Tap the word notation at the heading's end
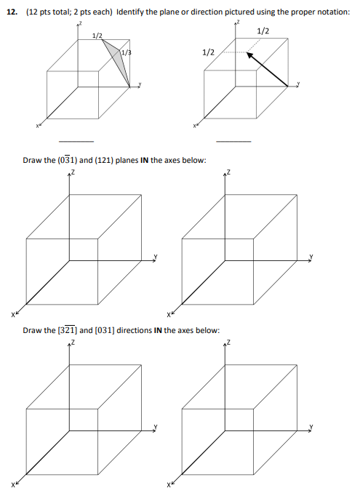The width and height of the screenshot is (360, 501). [331, 14]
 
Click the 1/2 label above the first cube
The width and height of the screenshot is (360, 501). [97, 36]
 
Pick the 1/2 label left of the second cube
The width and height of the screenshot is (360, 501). [208, 52]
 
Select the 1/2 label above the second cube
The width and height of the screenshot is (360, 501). [263, 31]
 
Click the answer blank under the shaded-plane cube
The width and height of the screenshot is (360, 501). [76, 141]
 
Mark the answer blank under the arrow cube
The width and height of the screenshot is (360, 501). [233, 141]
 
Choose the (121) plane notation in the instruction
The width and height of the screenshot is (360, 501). [102, 161]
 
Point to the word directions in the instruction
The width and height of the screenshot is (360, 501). [135, 330]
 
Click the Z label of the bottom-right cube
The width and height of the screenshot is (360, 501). [229, 342]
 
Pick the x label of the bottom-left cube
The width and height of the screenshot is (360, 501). [12, 484]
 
